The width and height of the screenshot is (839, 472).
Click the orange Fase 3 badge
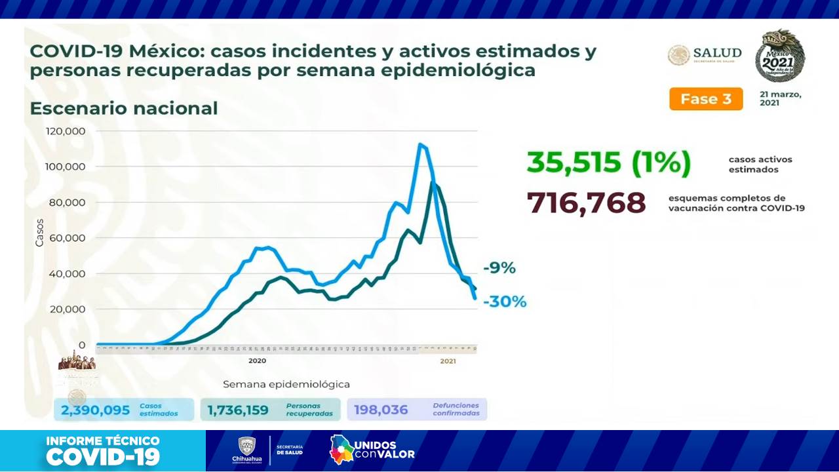705,99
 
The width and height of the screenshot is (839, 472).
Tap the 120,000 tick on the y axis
66,131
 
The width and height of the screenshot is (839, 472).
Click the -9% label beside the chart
499,268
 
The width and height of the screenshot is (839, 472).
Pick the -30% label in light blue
504,302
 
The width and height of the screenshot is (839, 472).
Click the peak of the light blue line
420,145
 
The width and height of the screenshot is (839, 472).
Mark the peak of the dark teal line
433,184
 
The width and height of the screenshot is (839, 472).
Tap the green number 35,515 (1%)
608,163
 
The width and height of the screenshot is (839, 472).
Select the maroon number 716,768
586,203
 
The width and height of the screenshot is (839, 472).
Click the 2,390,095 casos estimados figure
95,410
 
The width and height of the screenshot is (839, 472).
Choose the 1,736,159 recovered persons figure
238,410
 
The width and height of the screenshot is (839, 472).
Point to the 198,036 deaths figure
381,410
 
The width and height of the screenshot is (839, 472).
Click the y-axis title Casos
39,232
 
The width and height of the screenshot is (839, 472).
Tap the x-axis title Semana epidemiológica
286,384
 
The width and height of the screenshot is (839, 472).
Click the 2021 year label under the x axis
448,361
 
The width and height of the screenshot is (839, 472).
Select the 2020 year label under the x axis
257,361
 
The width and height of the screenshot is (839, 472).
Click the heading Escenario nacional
124,108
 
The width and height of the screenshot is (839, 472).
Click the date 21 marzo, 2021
780,98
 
